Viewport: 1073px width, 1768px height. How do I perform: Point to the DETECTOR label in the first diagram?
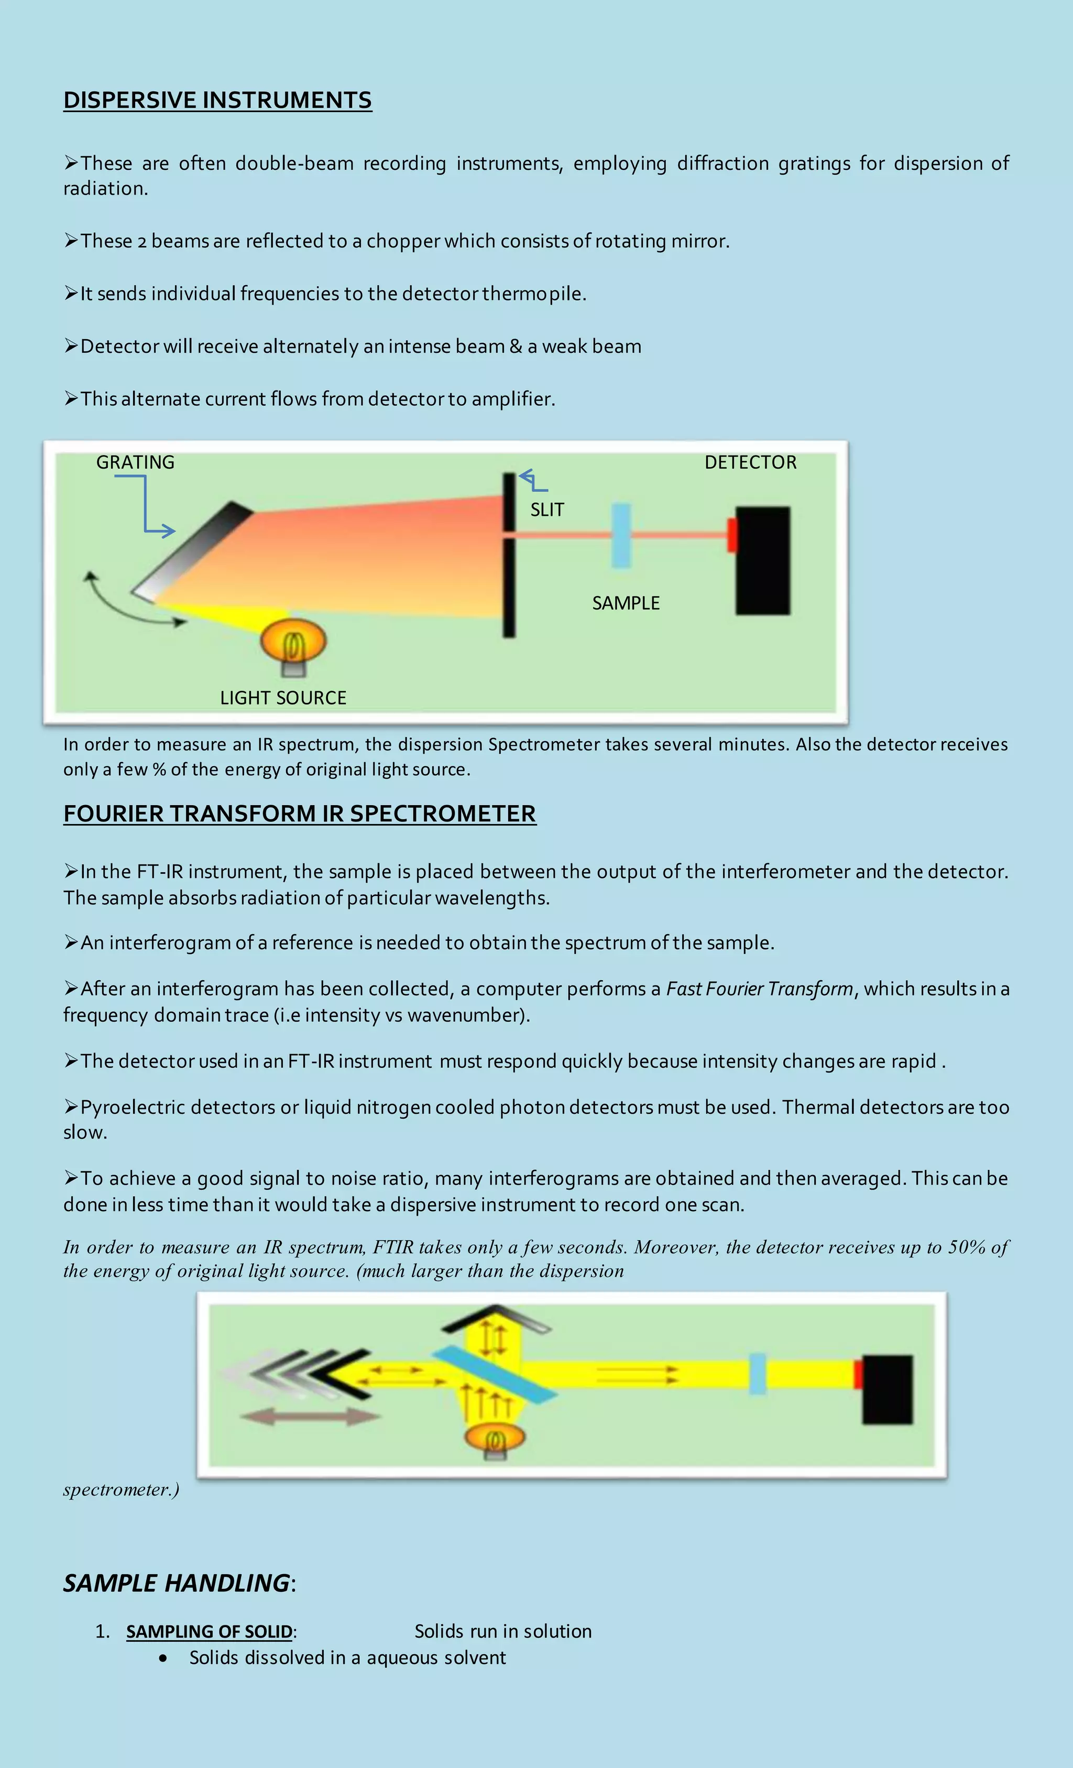[x=750, y=462]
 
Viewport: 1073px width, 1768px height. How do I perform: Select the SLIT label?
[x=548, y=509]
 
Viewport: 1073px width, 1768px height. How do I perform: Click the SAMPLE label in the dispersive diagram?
[x=626, y=603]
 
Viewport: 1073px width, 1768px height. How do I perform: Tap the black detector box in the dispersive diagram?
[x=763, y=560]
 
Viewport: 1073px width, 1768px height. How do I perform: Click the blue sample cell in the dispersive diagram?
[x=621, y=535]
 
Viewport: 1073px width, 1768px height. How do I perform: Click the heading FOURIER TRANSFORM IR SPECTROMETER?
[x=299, y=814]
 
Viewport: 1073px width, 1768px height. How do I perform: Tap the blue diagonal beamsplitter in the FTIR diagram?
[x=495, y=1374]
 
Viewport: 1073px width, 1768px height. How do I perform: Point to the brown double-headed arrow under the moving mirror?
[x=310, y=1416]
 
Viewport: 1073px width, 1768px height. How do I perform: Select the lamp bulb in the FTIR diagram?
[x=495, y=1438]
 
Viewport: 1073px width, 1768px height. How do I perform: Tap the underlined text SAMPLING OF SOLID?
[x=209, y=1631]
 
